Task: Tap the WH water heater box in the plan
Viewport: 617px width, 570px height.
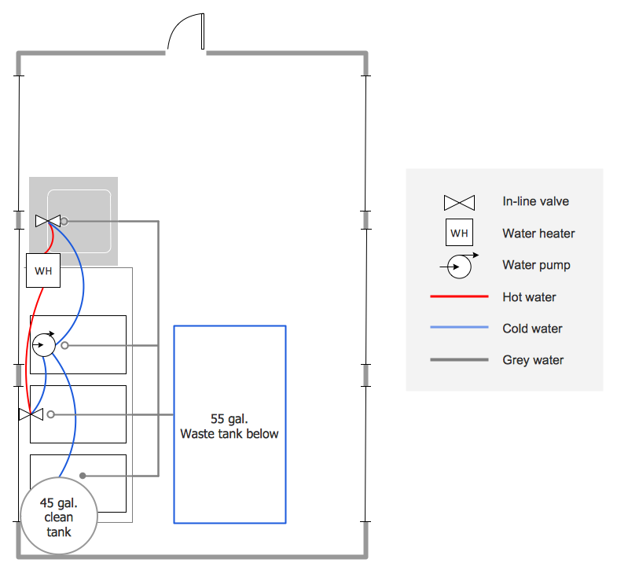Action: (x=43, y=271)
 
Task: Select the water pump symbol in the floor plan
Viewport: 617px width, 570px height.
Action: (x=44, y=344)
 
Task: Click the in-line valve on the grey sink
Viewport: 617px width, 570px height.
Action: (x=48, y=221)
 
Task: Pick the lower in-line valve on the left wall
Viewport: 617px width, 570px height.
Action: (x=31, y=414)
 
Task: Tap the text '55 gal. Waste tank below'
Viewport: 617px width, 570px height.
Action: (x=229, y=426)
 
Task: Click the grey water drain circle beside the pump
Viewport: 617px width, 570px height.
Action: (x=65, y=345)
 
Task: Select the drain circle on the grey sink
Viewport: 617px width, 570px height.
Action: (x=64, y=222)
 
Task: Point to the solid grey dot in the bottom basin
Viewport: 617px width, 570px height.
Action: (x=83, y=476)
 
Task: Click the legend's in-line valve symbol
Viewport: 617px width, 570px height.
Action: (x=459, y=202)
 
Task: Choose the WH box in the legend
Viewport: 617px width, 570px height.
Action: (x=459, y=234)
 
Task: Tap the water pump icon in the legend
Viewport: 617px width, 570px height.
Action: (x=460, y=266)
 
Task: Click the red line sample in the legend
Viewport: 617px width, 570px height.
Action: (x=459, y=297)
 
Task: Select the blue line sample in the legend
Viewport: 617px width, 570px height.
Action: (x=459, y=329)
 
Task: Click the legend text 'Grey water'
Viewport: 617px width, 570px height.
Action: (x=533, y=360)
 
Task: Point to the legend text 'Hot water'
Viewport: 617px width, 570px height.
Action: (x=529, y=297)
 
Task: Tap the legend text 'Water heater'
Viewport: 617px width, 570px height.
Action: (x=538, y=234)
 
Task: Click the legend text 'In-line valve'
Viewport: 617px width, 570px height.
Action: (x=535, y=201)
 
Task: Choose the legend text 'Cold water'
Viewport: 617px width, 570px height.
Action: (x=532, y=329)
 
